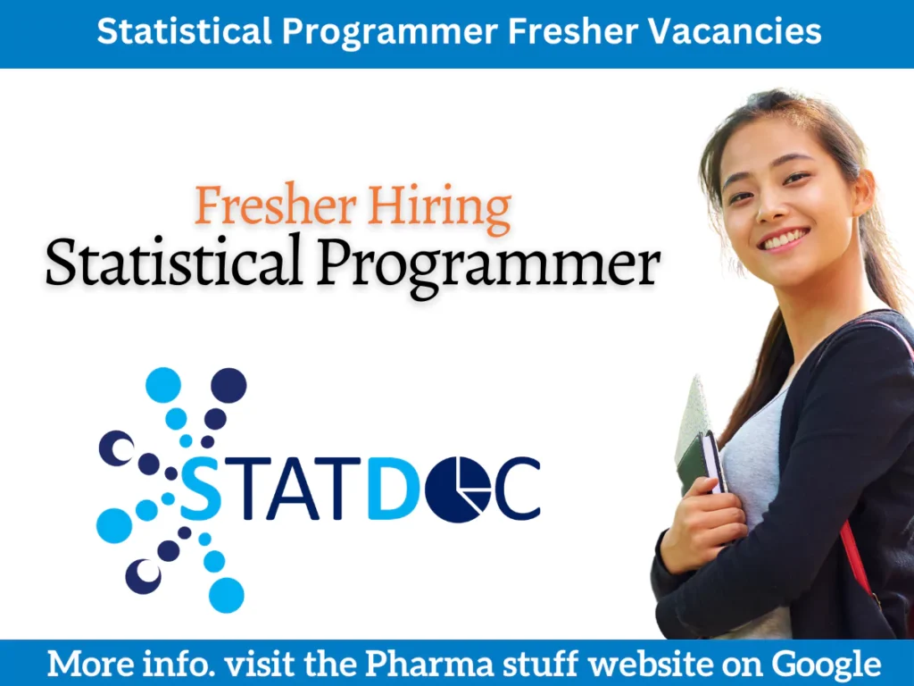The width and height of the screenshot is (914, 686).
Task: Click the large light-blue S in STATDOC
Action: point(202,489)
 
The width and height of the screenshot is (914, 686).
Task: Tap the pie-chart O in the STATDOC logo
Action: point(457,489)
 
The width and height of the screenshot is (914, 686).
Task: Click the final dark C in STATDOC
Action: point(518,489)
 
